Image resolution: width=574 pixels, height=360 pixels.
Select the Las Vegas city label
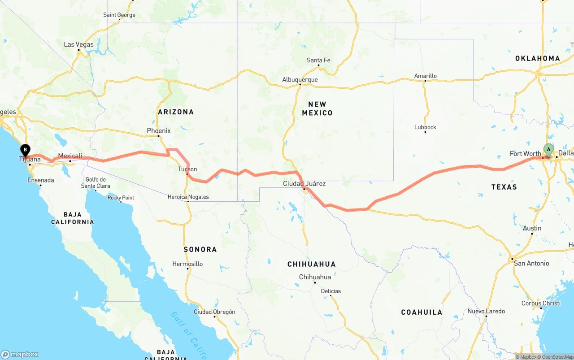click(78, 44)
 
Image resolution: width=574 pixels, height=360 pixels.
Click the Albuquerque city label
click(300, 80)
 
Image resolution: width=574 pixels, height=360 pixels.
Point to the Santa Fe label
click(318, 60)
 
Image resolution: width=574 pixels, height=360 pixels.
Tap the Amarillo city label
click(425, 76)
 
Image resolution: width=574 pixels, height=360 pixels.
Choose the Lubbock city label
click(425, 127)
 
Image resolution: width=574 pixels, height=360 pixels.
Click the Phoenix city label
click(159, 131)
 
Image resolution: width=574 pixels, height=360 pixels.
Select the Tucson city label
click(187, 169)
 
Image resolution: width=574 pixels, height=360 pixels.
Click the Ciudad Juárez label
click(304, 183)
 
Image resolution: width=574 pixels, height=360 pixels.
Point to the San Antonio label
click(531, 263)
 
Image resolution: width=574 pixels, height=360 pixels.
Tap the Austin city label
click(532, 228)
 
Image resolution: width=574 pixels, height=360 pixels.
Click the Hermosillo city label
click(187, 264)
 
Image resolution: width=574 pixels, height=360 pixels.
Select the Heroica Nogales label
click(188, 197)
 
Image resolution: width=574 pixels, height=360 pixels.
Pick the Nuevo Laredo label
click(486, 311)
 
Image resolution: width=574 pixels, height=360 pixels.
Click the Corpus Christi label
click(541, 303)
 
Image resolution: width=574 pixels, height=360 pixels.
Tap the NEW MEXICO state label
click(317, 108)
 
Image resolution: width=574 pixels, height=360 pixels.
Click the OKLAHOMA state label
click(537, 58)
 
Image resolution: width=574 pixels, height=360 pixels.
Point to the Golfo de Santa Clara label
click(96, 182)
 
